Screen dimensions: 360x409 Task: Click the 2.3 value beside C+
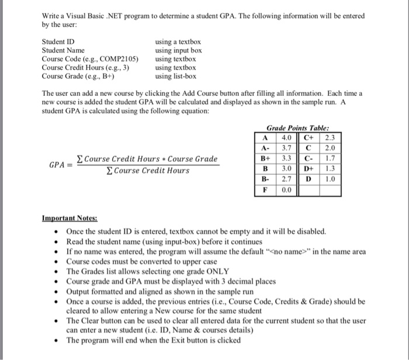click(x=331, y=138)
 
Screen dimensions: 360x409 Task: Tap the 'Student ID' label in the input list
click(x=58, y=42)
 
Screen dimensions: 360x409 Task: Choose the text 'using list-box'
click(x=176, y=76)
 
